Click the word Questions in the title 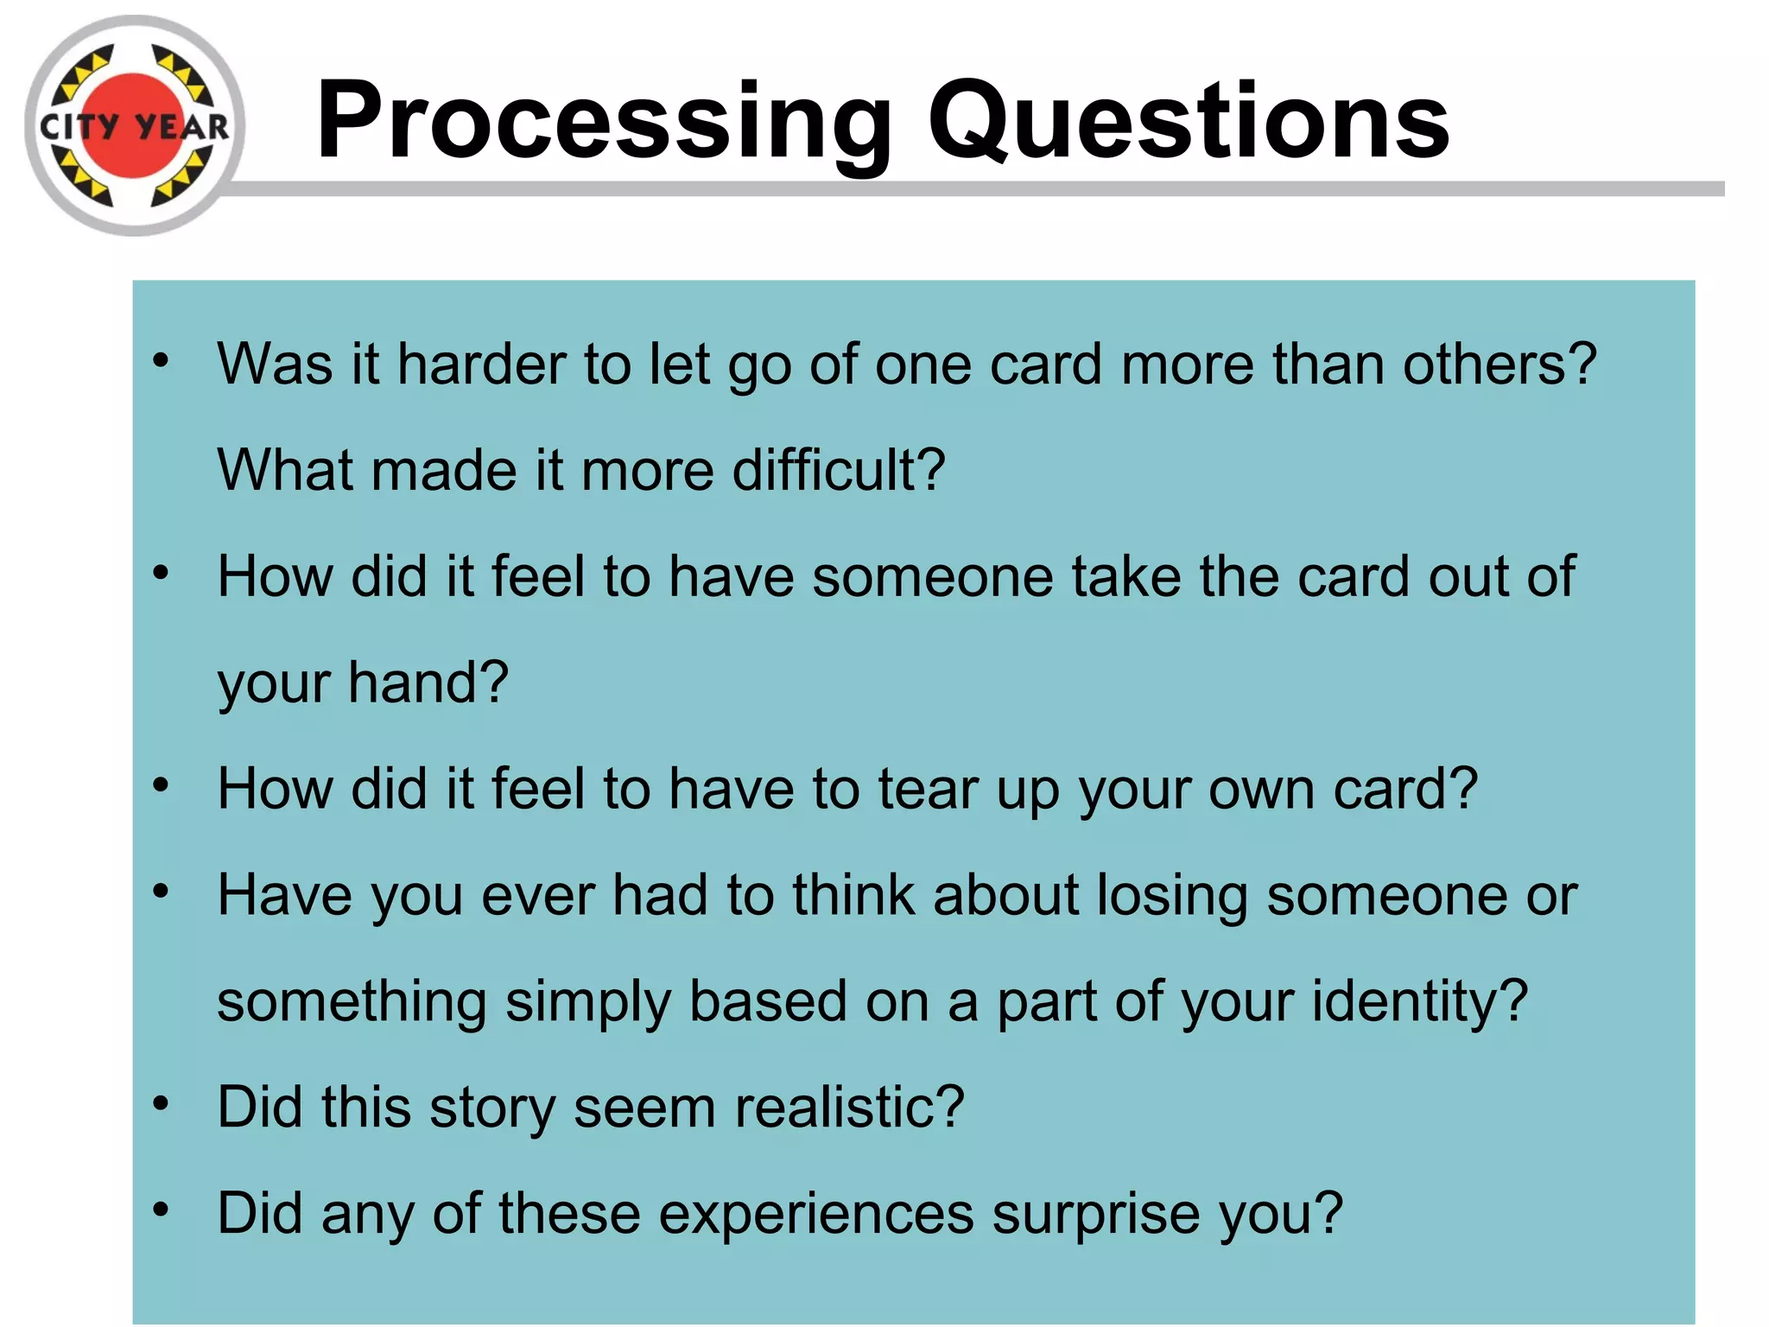click(1188, 121)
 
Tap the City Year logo click(135, 126)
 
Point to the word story click(491, 1108)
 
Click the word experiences click(816, 1214)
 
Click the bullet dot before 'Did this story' click(161, 1103)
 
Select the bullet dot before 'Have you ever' click(161, 891)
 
